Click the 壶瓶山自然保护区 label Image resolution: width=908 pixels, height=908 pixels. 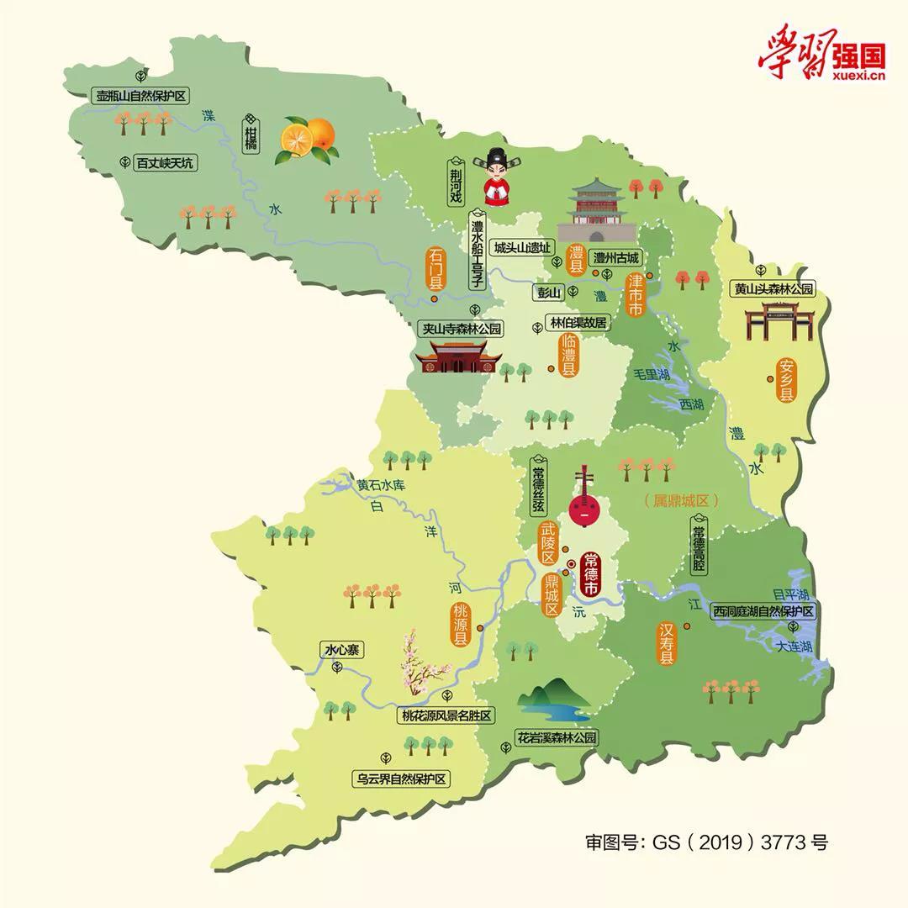[141, 97]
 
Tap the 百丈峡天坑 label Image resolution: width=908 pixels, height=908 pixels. [165, 163]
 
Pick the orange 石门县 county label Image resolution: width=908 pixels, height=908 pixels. [436, 268]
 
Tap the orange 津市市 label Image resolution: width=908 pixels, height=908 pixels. [636, 294]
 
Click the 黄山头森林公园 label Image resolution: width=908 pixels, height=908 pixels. [773, 288]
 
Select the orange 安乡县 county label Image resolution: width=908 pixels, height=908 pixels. [787, 381]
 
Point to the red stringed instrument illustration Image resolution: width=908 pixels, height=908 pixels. [581, 499]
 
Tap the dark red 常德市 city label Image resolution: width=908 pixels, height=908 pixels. [592, 575]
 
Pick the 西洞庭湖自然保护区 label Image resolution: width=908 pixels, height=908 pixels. [763, 611]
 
